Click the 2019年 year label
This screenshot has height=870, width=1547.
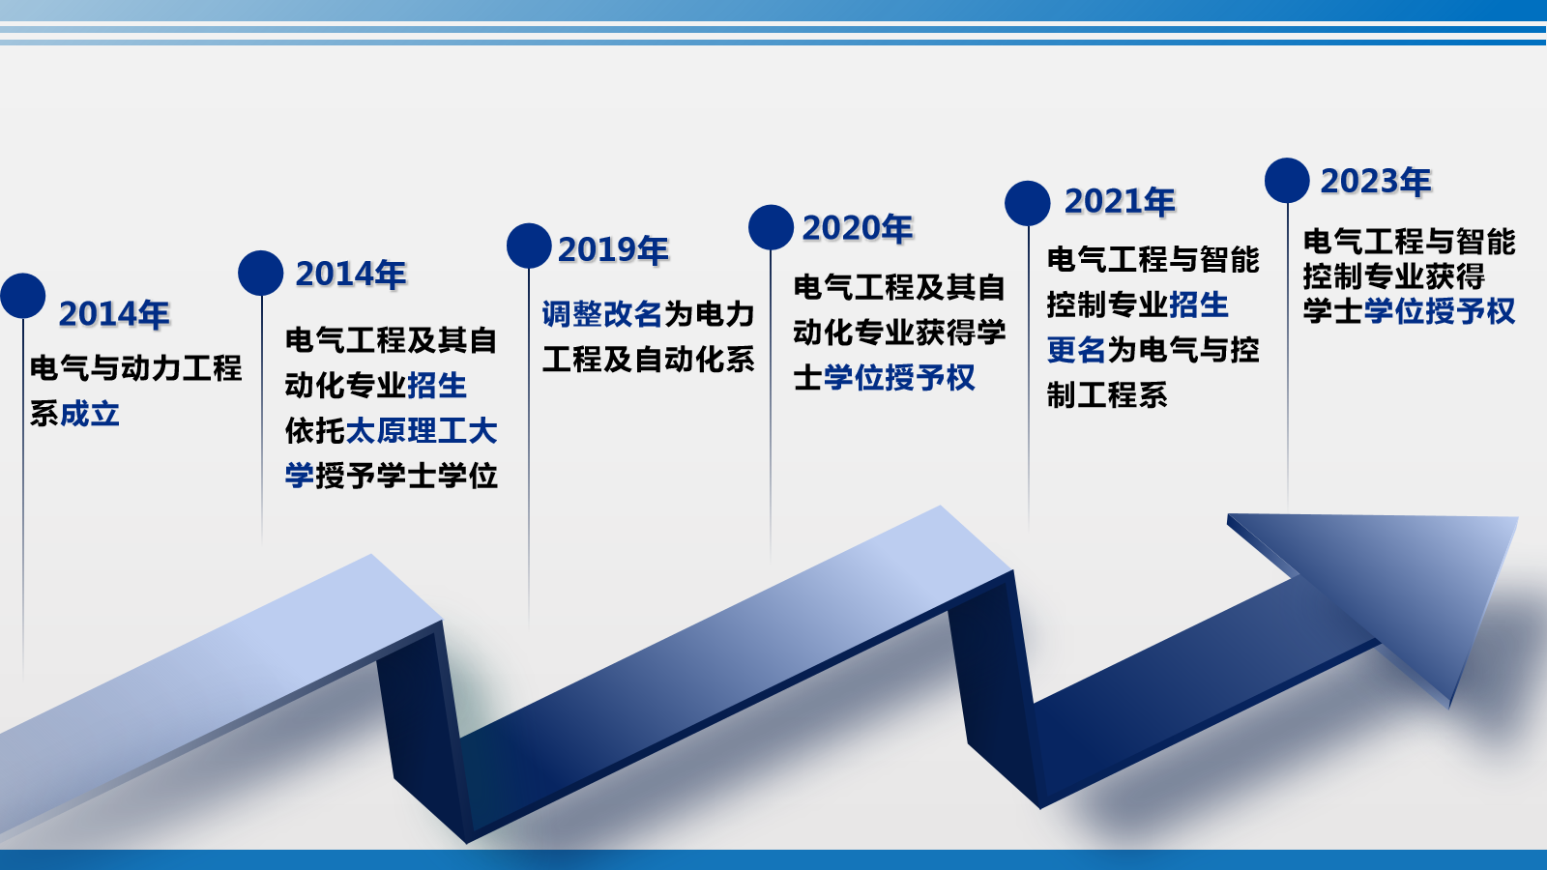pyautogui.click(x=613, y=250)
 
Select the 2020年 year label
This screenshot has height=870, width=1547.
pyautogui.click(x=857, y=228)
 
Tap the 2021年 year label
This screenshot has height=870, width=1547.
pyautogui.click(x=1120, y=202)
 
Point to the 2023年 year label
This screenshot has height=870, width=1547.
pyautogui.click(x=1376, y=181)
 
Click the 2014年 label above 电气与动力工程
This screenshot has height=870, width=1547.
pyautogui.click(x=114, y=314)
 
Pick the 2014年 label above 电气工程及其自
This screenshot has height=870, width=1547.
pyautogui.click(x=350, y=275)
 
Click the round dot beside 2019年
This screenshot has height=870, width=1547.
pyautogui.click(x=529, y=246)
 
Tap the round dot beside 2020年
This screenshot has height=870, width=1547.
pyautogui.click(x=771, y=227)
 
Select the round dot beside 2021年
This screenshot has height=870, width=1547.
pyautogui.click(x=1028, y=203)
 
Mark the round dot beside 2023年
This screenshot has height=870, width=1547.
pyautogui.click(x=1287, y=180)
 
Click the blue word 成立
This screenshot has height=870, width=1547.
pyautogui.click(x=90, y=415)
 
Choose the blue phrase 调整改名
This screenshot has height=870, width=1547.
pyautogui.click(x=602, y=314)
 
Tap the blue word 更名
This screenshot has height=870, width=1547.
pyautogui.click(x=1077, y=350)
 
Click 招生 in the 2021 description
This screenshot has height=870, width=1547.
pyautogui.click(x=1198, y=304)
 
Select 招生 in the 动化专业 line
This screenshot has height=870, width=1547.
pyautogui.click(x=437, y=386)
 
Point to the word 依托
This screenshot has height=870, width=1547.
pyautogui.click(x=315, y=431)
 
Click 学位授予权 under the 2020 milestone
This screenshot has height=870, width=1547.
pyautogui.click(x=899, y=378)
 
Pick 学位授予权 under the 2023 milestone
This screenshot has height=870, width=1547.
pyautogui.click(x=1440, y=310)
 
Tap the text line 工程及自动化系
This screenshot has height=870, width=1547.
pyautogui.click(x=648, y=360)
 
